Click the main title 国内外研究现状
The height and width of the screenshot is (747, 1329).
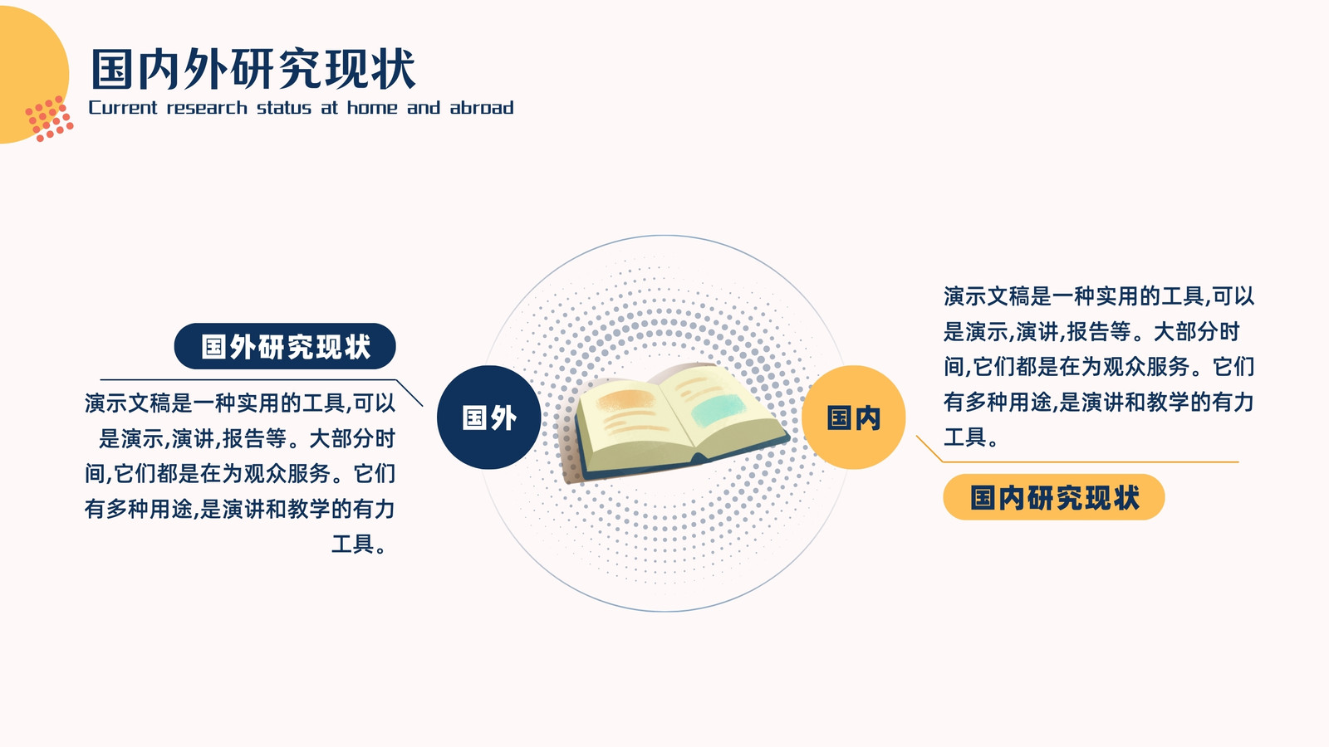click(253, 70)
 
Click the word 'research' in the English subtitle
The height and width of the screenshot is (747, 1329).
click(207, 108)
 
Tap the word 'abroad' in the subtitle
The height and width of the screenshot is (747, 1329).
click(482, 107)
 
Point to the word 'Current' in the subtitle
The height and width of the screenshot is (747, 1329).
click(123, 108)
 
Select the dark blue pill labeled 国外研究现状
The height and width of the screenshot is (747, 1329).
click(285, 346)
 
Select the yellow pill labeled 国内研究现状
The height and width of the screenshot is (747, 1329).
click(1054, 497)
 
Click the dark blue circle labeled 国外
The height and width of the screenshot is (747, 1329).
click(489, 417)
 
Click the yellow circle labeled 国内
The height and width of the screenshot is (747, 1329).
click(854, 417)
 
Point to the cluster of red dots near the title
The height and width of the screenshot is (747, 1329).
click(49, 119)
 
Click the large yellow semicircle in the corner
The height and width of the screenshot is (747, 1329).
click(32, 75)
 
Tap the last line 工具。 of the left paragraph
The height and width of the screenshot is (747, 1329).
click(360, 544)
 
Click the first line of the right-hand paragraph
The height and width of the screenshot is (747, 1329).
click(1099, 295)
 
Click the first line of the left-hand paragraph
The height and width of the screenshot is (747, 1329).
click(240, 403)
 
